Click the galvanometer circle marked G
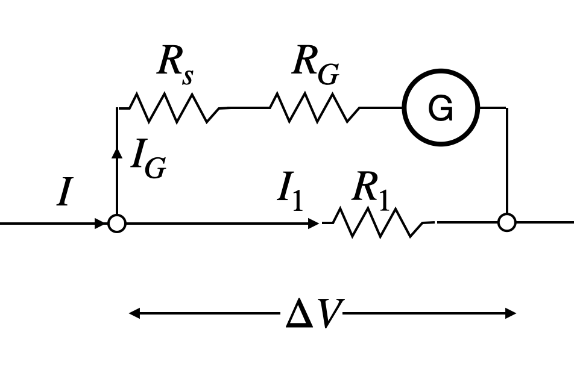point(441,69)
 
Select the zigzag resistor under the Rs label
point(174,108)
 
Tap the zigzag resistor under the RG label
point(315,108)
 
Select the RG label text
point(315,64)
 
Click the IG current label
point(148,158)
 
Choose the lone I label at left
point(65,191)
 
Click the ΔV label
point(315,313)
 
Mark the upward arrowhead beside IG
point(117,153)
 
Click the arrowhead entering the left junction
point(100,224)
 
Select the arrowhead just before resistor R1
point(314,224)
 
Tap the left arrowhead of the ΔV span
point(134,313)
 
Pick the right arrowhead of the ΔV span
point(511,313)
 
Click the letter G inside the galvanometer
point(441,108)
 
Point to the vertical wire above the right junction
point(507,160)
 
